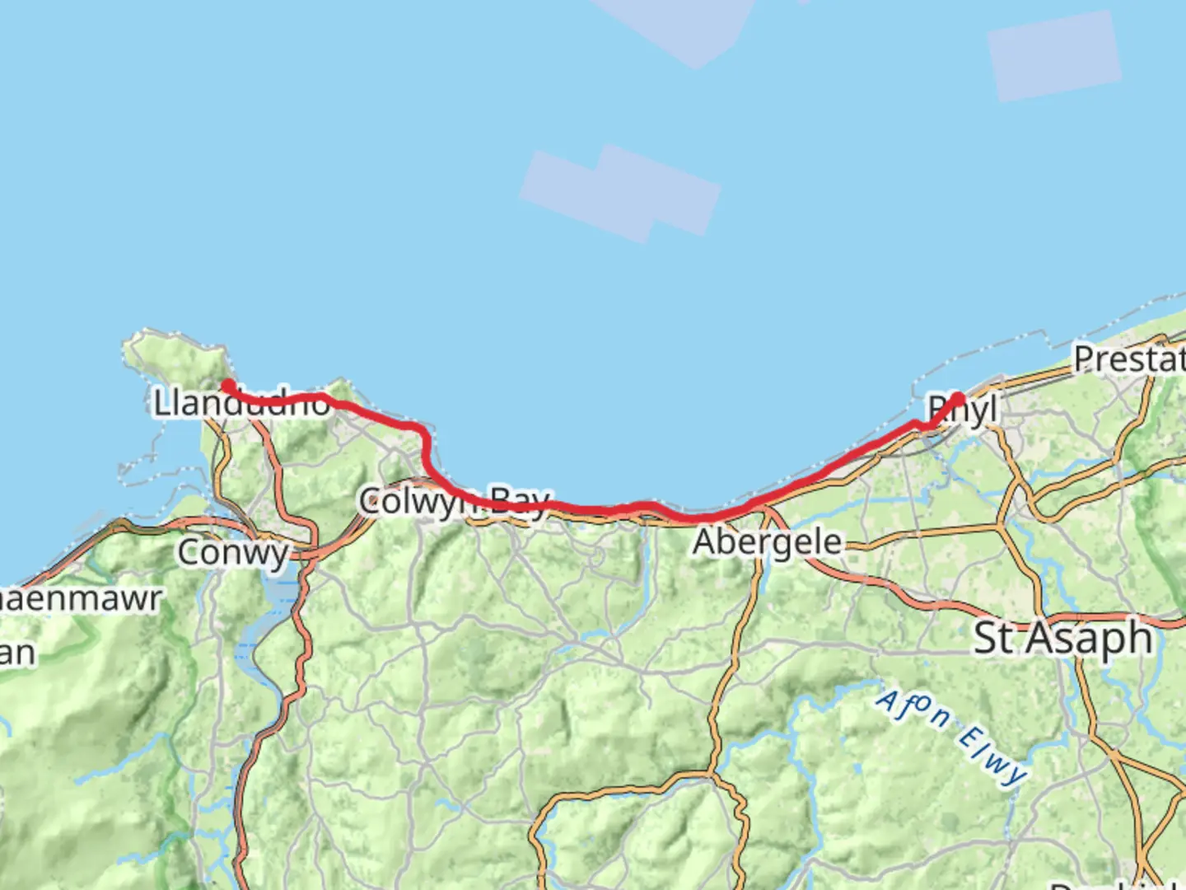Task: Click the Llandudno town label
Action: [242, 404]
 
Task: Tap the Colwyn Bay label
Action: [454, 501]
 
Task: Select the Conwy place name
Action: [233, 552]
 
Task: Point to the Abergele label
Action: [768, 542]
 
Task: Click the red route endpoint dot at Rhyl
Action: [958, 399]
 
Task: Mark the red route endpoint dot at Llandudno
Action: [226, 385]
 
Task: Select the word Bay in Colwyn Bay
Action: [519, 501]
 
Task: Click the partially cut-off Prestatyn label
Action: [1129, 359]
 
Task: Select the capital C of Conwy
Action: [189, 552]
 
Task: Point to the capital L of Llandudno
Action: [161, 404]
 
